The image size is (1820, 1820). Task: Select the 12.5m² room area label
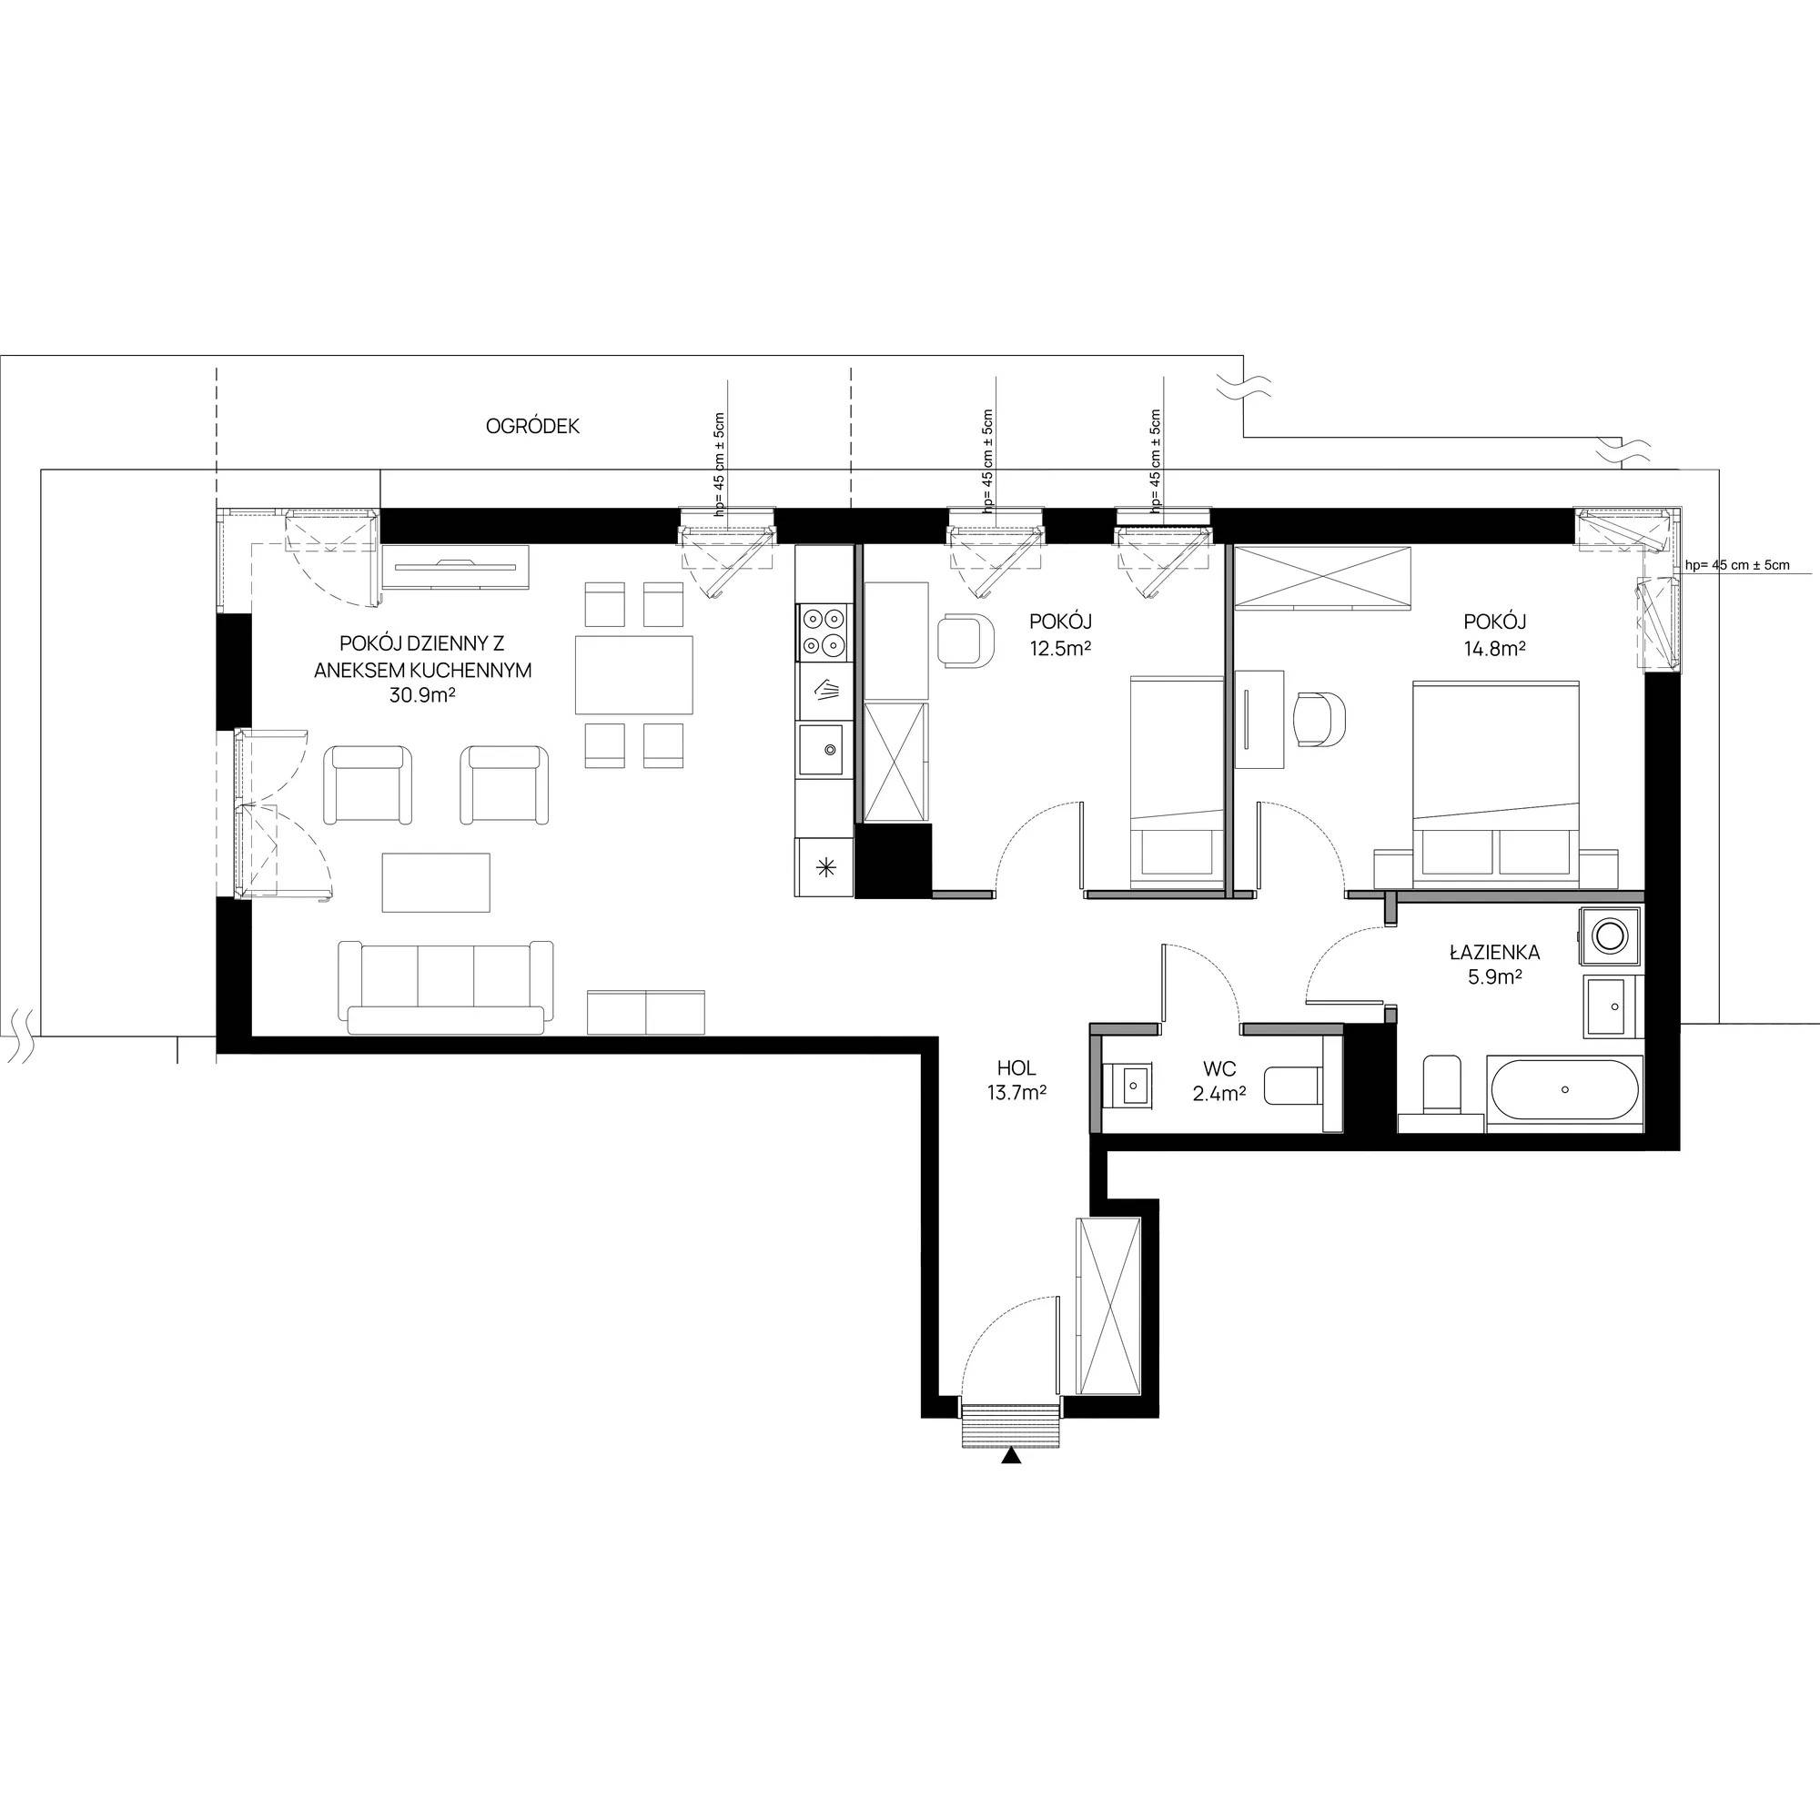click(1060, 648)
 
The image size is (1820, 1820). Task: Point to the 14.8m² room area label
click(1495, 648)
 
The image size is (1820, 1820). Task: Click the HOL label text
click(1016, 1068)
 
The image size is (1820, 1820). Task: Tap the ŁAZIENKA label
click(1495, 954)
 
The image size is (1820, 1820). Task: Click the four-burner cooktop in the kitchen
click(824, 632)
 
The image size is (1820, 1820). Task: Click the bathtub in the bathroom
click(1564, 1090)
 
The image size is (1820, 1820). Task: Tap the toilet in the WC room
click(1292, 1087)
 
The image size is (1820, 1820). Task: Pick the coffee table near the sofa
click(436, 883)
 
